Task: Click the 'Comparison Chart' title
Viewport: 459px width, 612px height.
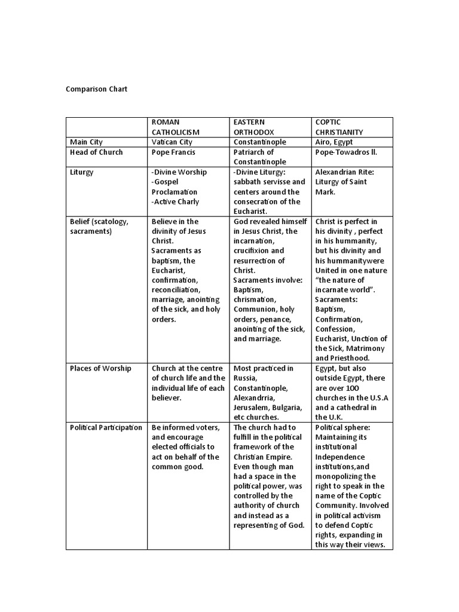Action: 96,90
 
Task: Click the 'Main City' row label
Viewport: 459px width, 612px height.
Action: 86,142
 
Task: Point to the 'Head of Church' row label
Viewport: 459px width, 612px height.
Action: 96,152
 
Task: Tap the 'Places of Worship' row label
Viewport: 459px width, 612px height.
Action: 100,368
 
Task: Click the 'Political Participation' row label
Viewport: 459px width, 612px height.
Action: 106,427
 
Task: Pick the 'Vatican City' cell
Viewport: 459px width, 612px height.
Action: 174,142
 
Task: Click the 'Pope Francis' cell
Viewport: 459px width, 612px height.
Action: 173,152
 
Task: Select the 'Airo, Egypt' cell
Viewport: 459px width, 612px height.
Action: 334,142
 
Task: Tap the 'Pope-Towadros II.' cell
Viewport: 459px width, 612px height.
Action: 346,152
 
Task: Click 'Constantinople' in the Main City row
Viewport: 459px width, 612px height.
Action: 259,142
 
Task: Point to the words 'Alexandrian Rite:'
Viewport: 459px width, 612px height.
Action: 345,172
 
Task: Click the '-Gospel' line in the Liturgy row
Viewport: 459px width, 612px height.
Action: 167,182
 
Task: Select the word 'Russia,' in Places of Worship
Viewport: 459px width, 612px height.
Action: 246,378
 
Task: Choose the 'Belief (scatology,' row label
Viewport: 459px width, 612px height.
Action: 99,221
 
